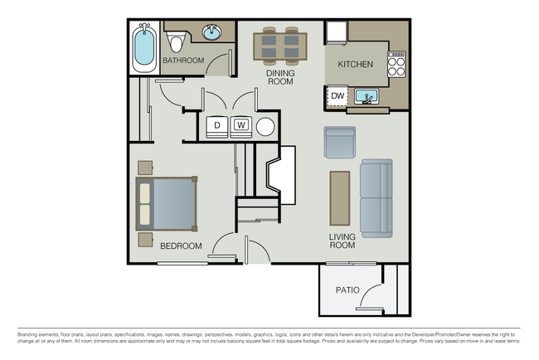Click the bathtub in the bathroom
click(144, 48)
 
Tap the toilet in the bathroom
click(176, 42)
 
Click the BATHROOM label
click(182, 61)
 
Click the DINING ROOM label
click(280, 77)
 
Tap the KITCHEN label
click(355, 64)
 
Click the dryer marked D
click(217, 125)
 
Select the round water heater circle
click(265, 127)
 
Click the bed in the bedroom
click(167, 204)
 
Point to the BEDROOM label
click(181, 246)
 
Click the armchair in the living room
click(340, 143)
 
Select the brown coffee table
click(340, 198)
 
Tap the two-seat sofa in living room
click(376, 198)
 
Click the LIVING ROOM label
click(342, 241)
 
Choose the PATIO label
click(347, 291)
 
